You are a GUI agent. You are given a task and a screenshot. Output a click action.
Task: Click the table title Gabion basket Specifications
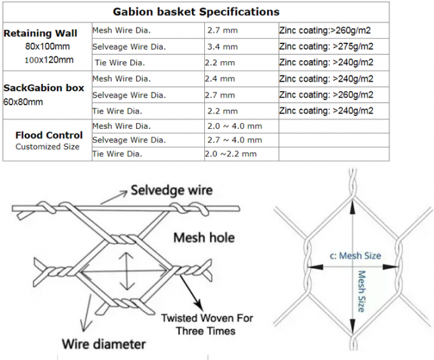pos(196,11)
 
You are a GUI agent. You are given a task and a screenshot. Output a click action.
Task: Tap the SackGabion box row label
pos(44,88)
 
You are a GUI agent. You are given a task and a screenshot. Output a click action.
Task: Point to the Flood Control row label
pos(49,135)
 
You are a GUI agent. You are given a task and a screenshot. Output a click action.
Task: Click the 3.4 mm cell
pos(222,47)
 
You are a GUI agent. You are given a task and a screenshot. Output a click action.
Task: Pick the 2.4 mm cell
pos(220,79)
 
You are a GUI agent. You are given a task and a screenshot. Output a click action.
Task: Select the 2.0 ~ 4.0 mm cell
pos(234,126)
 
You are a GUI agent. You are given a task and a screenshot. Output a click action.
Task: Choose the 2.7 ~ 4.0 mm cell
pos(234,140)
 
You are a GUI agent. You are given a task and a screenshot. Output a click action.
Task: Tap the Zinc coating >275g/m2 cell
pos(326,47)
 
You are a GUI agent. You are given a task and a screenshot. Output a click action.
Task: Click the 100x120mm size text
pos(49,60)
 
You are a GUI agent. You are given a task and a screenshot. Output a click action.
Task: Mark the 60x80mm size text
pos(24,102)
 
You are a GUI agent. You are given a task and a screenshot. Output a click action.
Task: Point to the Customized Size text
pos(47,147)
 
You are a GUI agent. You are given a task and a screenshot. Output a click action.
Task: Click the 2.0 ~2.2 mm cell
pos(230,154)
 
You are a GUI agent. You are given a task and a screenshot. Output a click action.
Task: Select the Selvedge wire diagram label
pos(171,190)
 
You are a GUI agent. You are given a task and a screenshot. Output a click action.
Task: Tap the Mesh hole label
pos(204,238)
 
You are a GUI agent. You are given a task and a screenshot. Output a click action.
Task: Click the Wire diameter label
pos(103,344)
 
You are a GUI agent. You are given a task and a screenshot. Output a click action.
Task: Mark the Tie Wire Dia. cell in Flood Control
pos(118,154)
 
